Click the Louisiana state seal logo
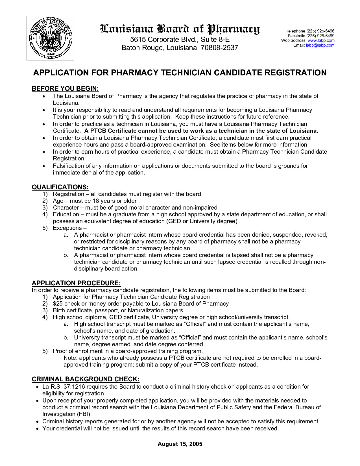click(x=50, y=38)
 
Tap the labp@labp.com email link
click(x=320, y=45)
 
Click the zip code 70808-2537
click(x=219, y=48)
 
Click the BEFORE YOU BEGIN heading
click(x=65, y=89)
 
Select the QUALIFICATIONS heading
click(x=60, y=187)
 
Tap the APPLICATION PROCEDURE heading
click(x=76, y=283)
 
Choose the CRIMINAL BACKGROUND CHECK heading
click(x=86, y=379)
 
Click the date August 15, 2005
click(x=180, y=444)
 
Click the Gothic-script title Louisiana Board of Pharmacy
click(x=180, y=29)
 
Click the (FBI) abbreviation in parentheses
click(x=84, y=414)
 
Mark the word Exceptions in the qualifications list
click(x=67, y=228)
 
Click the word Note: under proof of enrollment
click(x=70, y=358)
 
